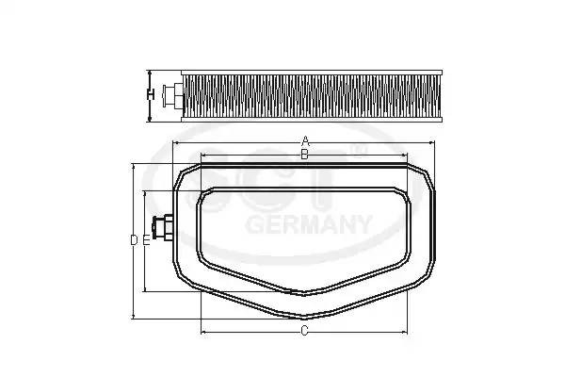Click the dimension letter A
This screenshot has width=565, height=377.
pyautogui.click(x=305, y=140)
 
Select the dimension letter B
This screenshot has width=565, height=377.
pyautogui.click(x=304, y=155)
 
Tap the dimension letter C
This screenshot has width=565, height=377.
pyautogui.click(x=304, y=331)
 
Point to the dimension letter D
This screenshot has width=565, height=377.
pyautogui.click(x=134, y=240)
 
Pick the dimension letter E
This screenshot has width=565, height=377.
pyautogui.click(x=146, y=240)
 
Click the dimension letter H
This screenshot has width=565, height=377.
pyautogui.click(x=151, y=94)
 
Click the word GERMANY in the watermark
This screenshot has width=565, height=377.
pyautogui.click(x=309, y=224)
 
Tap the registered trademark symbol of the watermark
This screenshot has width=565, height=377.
pyautogui.click(x=358, y=151)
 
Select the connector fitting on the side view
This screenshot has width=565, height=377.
pyautogui.click(x=172, y=95)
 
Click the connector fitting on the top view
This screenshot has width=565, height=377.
pyautogui.click(x=163, y=227)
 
